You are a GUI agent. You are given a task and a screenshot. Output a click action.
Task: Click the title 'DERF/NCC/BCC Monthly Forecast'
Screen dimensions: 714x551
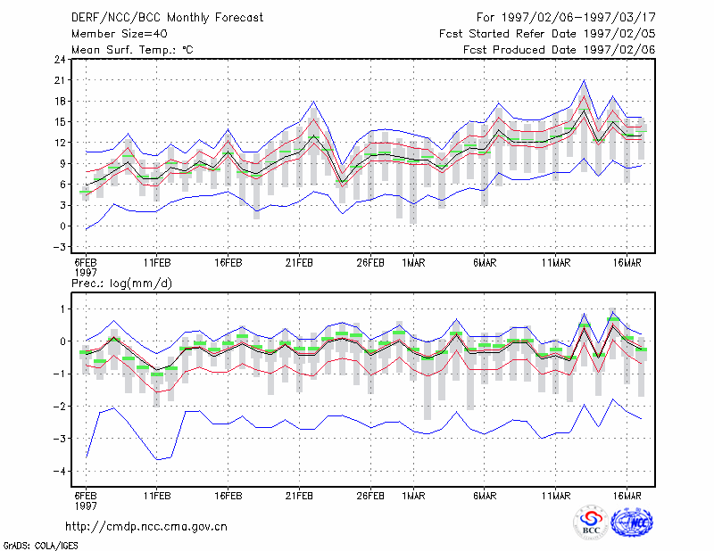pos(167,18)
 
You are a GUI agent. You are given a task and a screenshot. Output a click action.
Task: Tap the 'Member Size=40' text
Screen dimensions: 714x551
pos(120,34)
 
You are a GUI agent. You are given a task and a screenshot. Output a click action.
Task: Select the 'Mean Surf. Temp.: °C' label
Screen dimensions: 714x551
pos(132,50)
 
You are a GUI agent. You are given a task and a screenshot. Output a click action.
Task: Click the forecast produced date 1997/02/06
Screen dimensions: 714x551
pos(619,50)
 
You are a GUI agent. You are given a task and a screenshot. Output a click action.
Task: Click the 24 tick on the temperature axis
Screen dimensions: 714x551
pos(60,59)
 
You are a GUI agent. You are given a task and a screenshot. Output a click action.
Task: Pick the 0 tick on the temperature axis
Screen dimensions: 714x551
pos(62,226)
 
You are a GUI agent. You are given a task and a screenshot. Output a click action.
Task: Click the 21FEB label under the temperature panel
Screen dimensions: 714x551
pos(299,263)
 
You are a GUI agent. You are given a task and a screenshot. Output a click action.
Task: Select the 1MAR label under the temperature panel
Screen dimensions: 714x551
pos(413,263)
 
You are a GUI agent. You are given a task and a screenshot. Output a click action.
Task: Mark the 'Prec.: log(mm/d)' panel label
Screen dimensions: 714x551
pos(121,284)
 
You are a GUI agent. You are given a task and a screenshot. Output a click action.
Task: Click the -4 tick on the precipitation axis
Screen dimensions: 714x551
pos(59,471)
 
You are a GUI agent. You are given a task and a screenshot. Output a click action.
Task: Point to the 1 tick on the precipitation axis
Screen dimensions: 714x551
pos(62,309)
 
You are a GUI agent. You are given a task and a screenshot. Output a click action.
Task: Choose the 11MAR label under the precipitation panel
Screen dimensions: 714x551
pos(556,496)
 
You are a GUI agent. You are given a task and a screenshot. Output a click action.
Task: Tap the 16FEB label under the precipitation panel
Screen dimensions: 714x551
pos(228,496)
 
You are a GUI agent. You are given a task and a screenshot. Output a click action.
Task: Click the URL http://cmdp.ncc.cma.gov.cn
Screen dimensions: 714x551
pos(146,527)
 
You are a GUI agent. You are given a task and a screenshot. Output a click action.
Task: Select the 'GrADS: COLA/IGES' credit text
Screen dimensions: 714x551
pos(40,546)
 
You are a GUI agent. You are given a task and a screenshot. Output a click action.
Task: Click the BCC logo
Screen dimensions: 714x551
pos(591,522)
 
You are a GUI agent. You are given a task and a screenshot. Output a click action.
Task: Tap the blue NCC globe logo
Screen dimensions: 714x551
pos(633,522)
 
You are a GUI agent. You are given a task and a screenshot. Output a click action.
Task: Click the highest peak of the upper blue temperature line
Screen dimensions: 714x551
pos(584,80)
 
